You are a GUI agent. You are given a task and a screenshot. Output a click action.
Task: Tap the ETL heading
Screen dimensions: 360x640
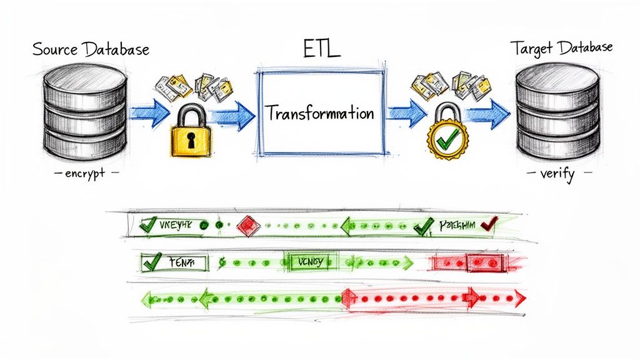(321, 48)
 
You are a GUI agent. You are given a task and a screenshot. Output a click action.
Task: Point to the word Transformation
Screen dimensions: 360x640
(320, 114)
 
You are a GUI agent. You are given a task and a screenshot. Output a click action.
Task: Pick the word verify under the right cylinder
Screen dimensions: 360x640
(557, 174)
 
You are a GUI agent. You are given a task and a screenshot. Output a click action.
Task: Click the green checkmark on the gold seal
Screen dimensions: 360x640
(445, 141)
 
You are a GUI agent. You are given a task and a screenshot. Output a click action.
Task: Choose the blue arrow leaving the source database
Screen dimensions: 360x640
(149, 114)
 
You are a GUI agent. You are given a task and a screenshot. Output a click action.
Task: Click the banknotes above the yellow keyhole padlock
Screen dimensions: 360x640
(187, 87)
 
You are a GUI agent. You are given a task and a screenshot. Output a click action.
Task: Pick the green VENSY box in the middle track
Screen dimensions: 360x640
(311, 262)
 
